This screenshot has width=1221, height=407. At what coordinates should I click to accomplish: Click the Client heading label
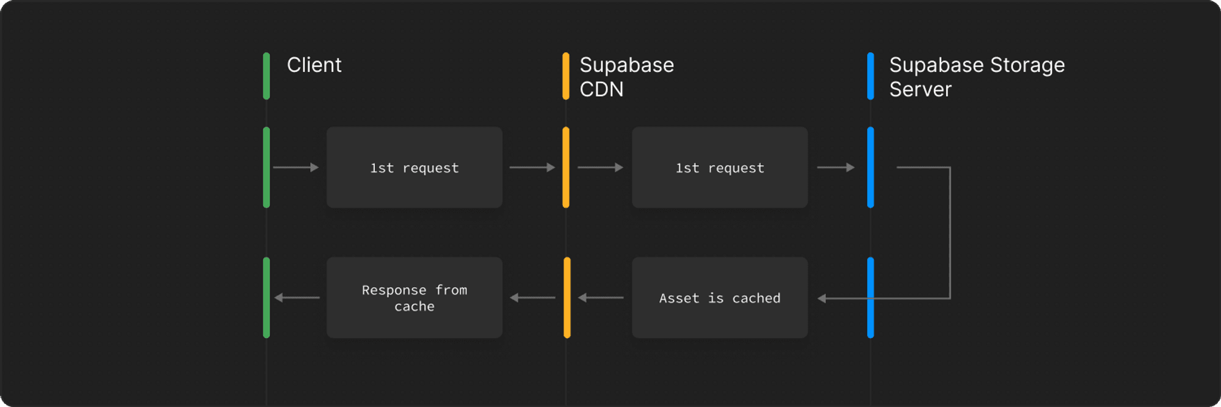coord(314,65)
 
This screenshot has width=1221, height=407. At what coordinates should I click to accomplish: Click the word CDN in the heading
coord(601,90)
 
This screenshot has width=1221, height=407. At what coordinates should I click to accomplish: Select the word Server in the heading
coord(920,90)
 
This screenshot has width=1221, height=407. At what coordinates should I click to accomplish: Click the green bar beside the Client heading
coord(266,76)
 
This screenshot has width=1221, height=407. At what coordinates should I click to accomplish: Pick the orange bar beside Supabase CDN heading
coord(566,76)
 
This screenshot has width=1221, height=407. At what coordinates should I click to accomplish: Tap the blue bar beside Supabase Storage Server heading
coord(871,76)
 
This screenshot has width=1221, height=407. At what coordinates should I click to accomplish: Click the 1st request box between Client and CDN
coord(415,167)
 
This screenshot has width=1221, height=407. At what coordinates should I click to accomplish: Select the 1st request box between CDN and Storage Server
coord(720,167)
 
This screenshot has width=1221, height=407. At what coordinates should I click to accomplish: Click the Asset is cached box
coord(720,298)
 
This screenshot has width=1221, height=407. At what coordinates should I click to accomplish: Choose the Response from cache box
coord(415,298)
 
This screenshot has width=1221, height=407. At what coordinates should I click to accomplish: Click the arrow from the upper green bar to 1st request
coord(296,167)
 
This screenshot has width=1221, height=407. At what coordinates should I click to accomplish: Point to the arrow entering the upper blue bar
coord(836,167)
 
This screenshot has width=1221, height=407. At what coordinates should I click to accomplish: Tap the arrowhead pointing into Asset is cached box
coord(822,298)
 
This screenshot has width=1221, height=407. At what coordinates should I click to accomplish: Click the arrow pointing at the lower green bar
coord(297,298)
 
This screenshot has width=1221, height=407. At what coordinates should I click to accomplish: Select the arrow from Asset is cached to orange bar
coord(601,298)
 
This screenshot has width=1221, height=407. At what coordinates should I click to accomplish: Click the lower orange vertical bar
coord(567,298)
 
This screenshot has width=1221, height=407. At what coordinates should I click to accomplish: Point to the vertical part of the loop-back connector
coord(950,232)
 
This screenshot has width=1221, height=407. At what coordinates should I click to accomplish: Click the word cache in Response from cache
coord(415,306)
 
